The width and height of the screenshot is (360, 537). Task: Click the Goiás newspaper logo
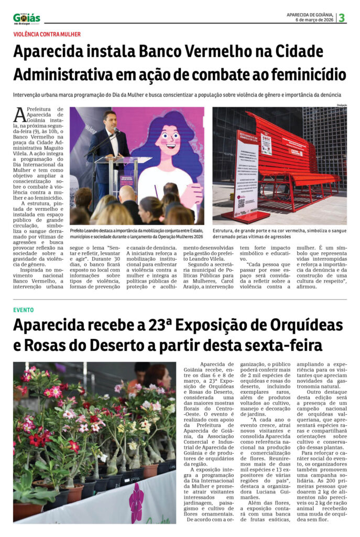pos(26,18)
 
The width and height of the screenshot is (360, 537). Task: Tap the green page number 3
pos(342,18)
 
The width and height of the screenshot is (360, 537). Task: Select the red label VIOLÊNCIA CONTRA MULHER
pos(47,34)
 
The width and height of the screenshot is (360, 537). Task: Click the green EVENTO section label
pos(24,310)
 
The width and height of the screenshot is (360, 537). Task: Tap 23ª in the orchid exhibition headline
pos(158,325)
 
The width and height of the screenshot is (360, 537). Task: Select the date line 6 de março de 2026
pos(315,19)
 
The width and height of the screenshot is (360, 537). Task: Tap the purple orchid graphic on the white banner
pos(137,502)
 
